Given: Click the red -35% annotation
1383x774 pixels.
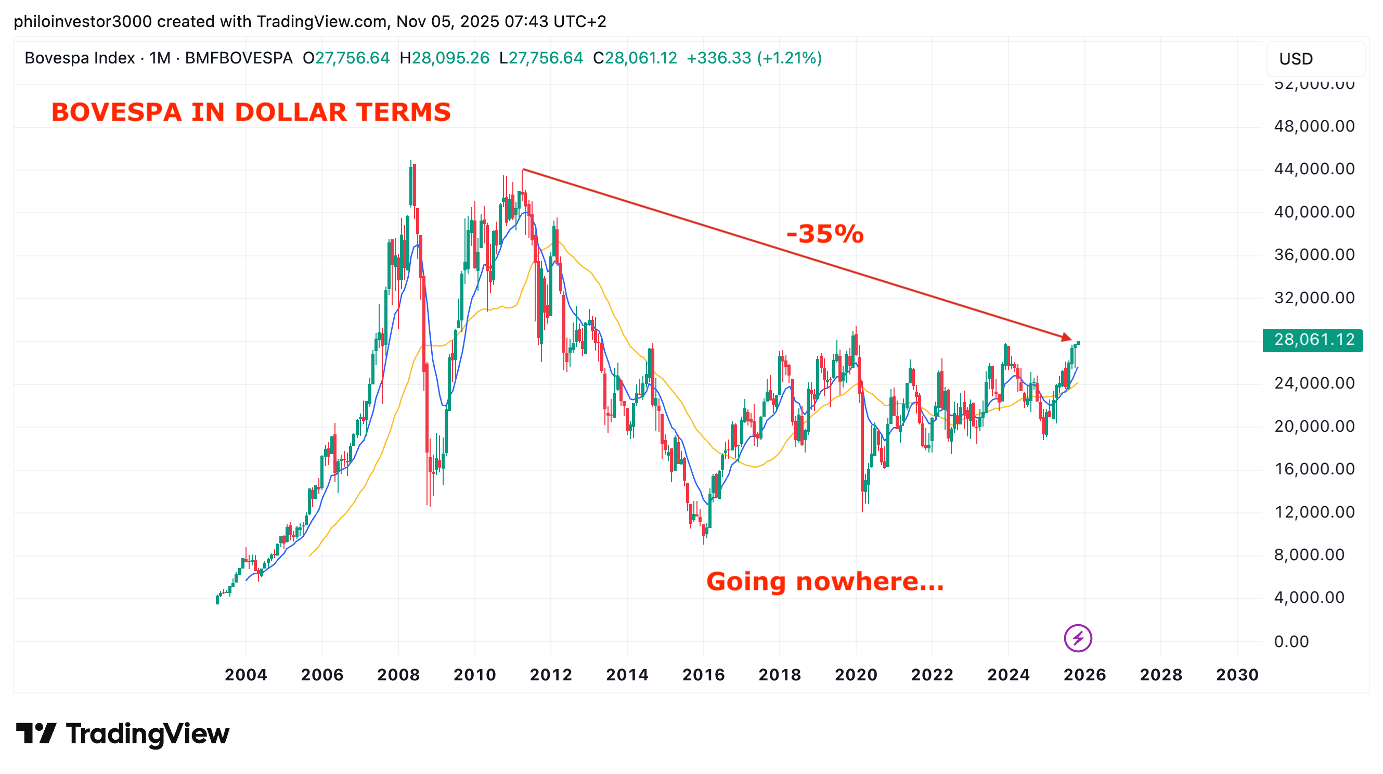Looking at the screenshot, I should click(824, 234).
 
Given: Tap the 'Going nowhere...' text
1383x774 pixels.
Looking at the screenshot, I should click(824, 582).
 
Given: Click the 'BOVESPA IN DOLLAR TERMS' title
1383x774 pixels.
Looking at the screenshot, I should click(251, 112).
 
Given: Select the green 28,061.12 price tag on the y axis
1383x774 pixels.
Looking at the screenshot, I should click(1313, 340).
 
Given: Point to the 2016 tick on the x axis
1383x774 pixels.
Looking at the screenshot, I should click(703, 674).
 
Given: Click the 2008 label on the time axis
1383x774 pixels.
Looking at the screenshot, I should click(398, 674).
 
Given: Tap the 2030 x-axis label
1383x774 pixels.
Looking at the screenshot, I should click(1237, 674).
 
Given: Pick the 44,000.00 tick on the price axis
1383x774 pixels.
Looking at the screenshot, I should click(1314, 169).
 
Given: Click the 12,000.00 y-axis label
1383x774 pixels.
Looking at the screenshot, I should click(1314, 512).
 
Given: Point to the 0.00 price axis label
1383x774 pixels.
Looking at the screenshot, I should click(1291, 641).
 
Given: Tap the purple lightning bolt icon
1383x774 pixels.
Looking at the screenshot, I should click(1078, 638).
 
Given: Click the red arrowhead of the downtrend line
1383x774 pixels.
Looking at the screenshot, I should click(1066, 337).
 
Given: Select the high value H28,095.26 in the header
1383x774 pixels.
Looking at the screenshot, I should click(445, 58).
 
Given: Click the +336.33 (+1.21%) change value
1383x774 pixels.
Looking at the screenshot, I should click(754, 58).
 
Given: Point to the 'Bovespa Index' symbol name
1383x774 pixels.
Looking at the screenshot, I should click(80, 58).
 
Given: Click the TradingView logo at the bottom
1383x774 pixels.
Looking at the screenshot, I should click(122, 734).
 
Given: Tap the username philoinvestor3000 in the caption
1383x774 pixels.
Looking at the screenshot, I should click(83, 21).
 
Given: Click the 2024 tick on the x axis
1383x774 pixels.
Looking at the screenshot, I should click(1009, 674).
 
